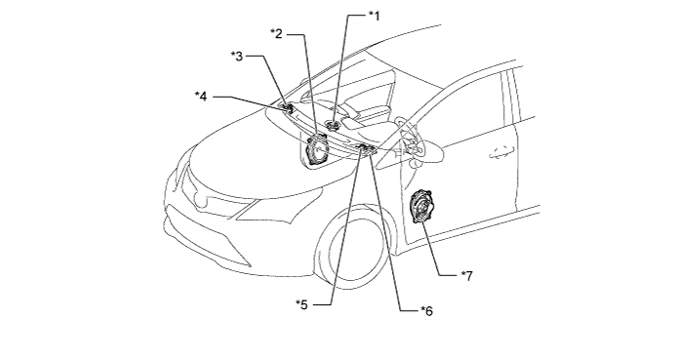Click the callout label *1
coord(375,16)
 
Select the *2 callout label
coord(276,33)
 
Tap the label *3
coord(237,56)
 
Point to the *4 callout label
coord(201,97)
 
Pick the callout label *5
coord(301,304)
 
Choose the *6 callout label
coord(427,310)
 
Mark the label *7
coord(467,276)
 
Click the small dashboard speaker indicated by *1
coord(333,126)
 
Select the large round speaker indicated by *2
coord(316,149)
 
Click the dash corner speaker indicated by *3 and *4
coord(286,108)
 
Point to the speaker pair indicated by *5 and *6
coord(366,149)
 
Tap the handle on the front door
coord(501,152)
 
